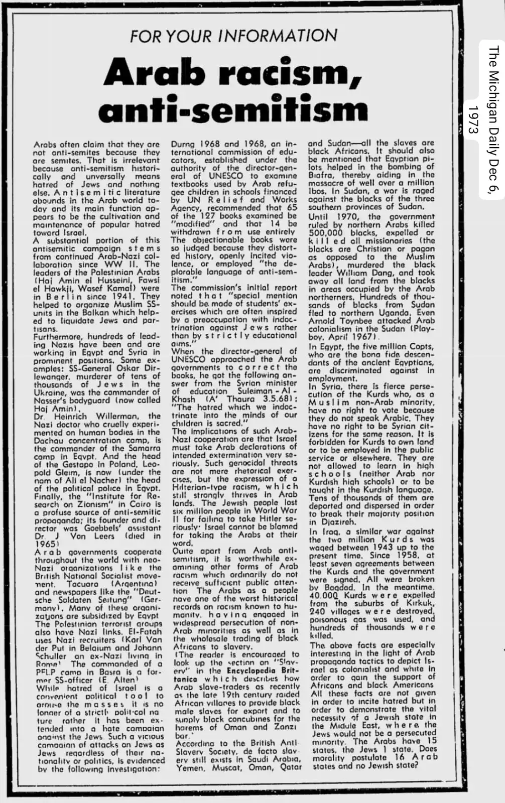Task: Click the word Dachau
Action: (49, 440)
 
